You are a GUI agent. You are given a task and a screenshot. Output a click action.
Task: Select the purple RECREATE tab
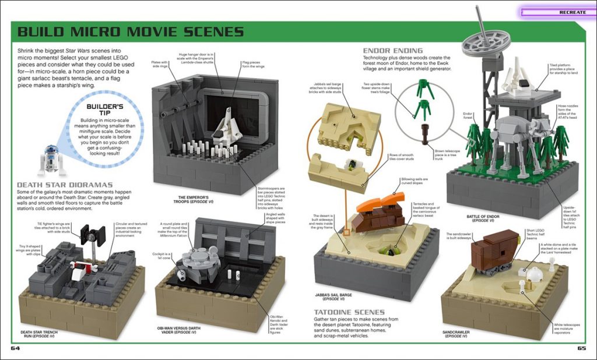pos(560,12)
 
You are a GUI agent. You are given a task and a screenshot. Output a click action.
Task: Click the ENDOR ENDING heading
pos(392,51)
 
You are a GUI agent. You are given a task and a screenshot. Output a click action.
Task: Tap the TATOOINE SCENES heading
pos(349,313)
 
